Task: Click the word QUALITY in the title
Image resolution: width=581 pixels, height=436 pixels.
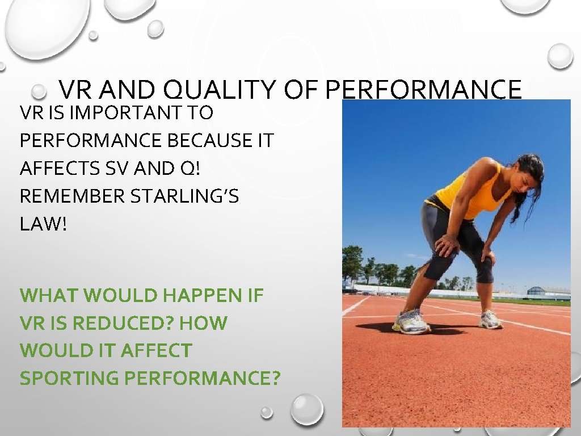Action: click(216, 90)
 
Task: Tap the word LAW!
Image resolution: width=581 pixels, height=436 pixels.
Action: click(43, 224)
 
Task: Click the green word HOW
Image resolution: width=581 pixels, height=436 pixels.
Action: click(203, 324)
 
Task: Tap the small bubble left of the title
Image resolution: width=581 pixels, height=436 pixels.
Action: click(39, 91)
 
